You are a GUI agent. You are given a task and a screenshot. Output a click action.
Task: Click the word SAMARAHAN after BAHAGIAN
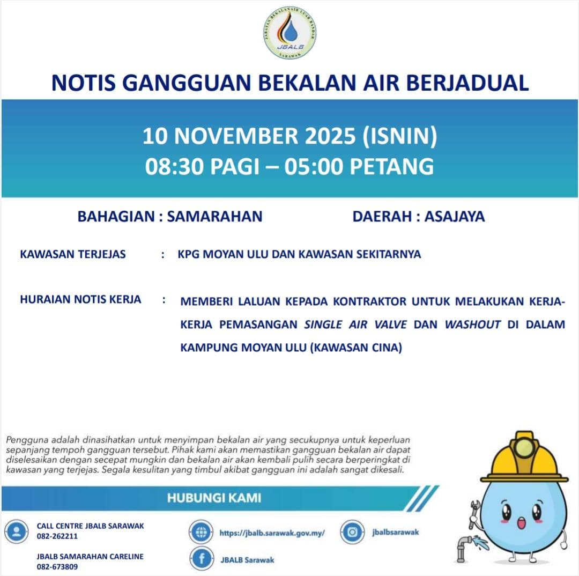(x=214, y=216)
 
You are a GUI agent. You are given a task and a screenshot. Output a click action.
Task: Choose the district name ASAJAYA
(x=455, y=216)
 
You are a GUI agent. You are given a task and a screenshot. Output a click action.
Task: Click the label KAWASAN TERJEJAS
(x=73, y=254)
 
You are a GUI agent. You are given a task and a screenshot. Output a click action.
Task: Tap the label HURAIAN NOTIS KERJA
(x=80, y=299)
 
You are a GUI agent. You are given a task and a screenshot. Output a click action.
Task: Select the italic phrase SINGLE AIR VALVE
(x=356, y=324)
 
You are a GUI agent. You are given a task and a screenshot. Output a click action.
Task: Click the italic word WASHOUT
(x=472, y=324)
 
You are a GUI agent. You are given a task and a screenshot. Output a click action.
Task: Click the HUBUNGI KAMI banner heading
(x=214, y=498)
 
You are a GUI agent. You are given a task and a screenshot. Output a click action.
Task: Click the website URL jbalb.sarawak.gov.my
(x=272, y=533)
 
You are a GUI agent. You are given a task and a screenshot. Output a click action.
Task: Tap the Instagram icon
(x=352, y=533)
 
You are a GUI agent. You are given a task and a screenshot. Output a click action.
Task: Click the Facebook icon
(x=202, y=559)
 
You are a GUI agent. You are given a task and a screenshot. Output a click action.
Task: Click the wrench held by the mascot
(x=474, y=512)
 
